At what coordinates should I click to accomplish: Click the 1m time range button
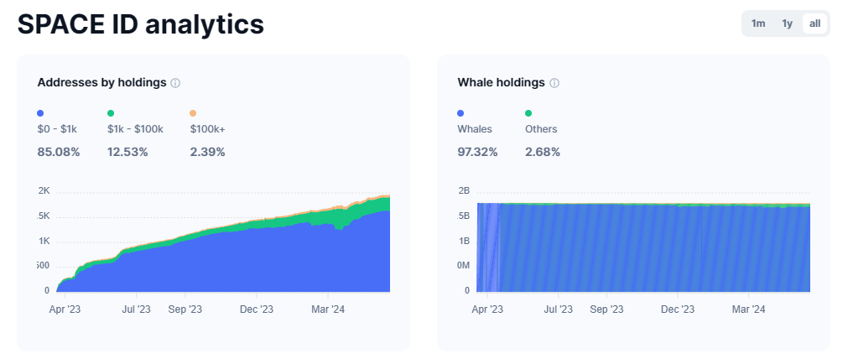758,23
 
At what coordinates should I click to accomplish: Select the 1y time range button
787,23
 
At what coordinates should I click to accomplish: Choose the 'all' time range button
814,23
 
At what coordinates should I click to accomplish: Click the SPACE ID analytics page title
141,24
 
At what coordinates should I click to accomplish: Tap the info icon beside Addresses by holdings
175,83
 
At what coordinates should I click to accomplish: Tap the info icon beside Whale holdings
554,83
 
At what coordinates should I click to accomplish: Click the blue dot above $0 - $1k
40,113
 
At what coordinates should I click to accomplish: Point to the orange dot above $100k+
193,113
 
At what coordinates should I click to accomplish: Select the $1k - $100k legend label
135,129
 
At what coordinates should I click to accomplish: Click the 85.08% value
59,152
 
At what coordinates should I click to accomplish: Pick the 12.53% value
127,152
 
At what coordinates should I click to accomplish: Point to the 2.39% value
207,152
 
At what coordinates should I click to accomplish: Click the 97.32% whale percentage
477,152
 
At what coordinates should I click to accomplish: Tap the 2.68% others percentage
543,152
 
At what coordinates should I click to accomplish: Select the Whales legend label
475,129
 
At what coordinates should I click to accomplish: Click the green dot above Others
528,113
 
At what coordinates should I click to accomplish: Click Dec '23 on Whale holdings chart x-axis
679,309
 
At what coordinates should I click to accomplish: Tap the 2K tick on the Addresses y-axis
44,190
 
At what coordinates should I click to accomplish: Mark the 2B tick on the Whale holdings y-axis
464,190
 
